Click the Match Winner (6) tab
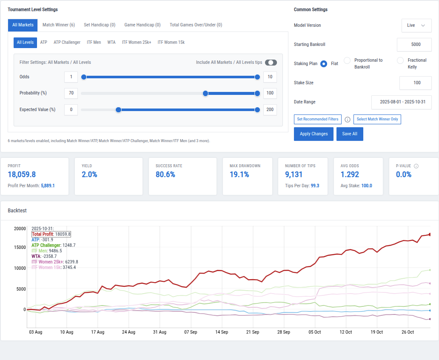(58, 25)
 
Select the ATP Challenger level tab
(67, 43)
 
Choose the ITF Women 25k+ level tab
(136, 43)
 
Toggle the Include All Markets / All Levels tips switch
(271, 63)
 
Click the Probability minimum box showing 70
(71, 93)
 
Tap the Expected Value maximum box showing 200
(270, 110)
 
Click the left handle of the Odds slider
(84, 77)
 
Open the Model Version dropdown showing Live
(416, 26)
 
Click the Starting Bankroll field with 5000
(414, 45)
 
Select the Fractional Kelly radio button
(400, 61)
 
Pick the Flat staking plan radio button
(324, 64)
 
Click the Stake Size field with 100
(415, 83)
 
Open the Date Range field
(401, 102)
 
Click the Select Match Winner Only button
(377, 120)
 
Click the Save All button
(350, 134)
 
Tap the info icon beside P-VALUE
(416, 166)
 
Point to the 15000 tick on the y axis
(20, 247)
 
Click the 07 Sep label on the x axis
(191, 332)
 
